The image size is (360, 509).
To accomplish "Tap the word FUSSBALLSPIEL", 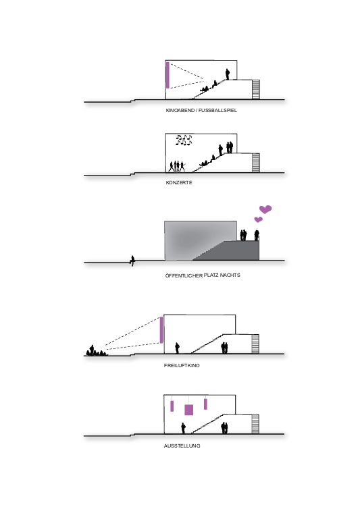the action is (217, 110).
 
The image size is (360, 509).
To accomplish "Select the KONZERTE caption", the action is (179, 182).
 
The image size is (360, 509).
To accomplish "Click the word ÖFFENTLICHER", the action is (184, 275).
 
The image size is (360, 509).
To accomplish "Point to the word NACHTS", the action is (230, 275).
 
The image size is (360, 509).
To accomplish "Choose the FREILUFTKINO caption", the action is (182, 365).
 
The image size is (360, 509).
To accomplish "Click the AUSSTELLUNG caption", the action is (182, 446).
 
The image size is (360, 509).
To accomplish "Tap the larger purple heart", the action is (265, 209).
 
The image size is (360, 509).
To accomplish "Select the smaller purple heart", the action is (258, 219).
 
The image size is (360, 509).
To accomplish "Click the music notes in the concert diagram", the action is (184, 140).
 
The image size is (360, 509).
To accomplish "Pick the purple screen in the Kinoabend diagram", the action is (168, 75).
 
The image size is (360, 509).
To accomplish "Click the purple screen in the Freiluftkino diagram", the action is (161, 330).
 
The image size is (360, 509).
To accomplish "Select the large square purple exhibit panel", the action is (188, 410).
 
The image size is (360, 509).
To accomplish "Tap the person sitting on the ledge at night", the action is (132, 261).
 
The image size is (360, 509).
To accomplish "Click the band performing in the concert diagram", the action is (177, 166).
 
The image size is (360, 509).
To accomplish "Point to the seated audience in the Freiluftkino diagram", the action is (97, 351).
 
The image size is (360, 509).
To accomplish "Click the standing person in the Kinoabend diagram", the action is (228, 74).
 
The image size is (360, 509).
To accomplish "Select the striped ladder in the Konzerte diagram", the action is (256, 163).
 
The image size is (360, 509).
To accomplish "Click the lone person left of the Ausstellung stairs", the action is (183, 428).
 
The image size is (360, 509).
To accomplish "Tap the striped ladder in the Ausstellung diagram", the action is (256, 424).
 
